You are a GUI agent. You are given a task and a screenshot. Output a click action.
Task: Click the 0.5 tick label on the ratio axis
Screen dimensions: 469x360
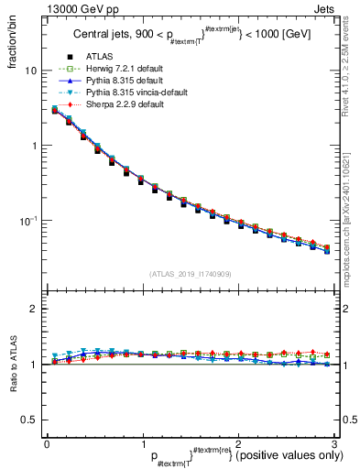point(29,420)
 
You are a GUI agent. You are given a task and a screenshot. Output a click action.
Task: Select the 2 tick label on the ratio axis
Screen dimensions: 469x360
point(34,310)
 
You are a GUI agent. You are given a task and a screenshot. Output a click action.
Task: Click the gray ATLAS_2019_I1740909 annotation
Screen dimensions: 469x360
point(191,274)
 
